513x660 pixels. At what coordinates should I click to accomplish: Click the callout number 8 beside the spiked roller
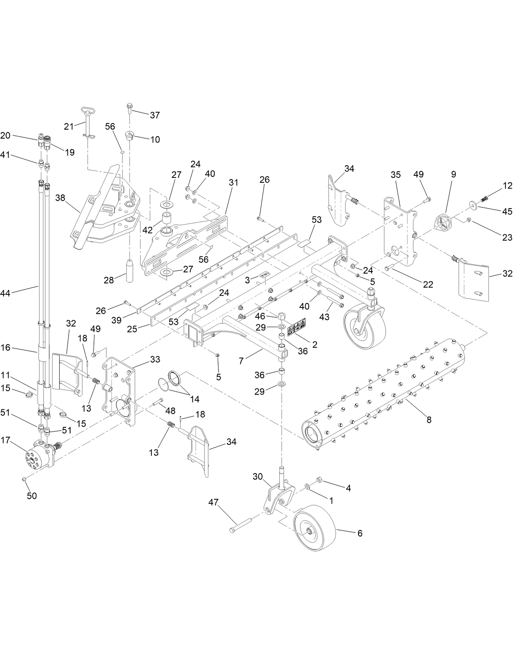(428, 420)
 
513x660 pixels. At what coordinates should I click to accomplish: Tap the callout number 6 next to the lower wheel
(359, 533)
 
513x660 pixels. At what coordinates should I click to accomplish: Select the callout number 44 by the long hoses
(5, 293)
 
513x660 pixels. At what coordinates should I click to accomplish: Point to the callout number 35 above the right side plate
(395, 175)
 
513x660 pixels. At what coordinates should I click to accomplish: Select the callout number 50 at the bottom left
(31, 496)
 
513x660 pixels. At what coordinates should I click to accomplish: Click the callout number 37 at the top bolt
(155, 115)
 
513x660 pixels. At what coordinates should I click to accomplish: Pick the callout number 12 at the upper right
(507, 186)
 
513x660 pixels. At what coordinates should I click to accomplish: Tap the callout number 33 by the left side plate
(155, 359)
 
